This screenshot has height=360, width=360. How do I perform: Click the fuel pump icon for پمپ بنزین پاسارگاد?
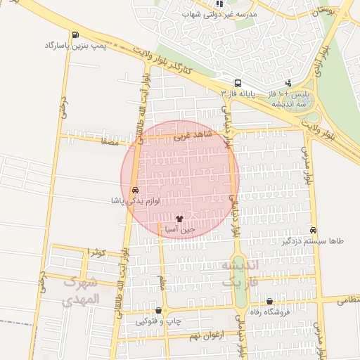(75, 34)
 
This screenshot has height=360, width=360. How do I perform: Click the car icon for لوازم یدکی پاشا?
(134, 190)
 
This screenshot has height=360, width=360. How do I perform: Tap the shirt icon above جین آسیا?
(179, 219)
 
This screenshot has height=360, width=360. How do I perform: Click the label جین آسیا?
(179, 230)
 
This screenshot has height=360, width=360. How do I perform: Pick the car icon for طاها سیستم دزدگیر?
(313, 230)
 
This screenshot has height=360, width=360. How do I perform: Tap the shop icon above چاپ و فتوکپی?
(158, 310)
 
